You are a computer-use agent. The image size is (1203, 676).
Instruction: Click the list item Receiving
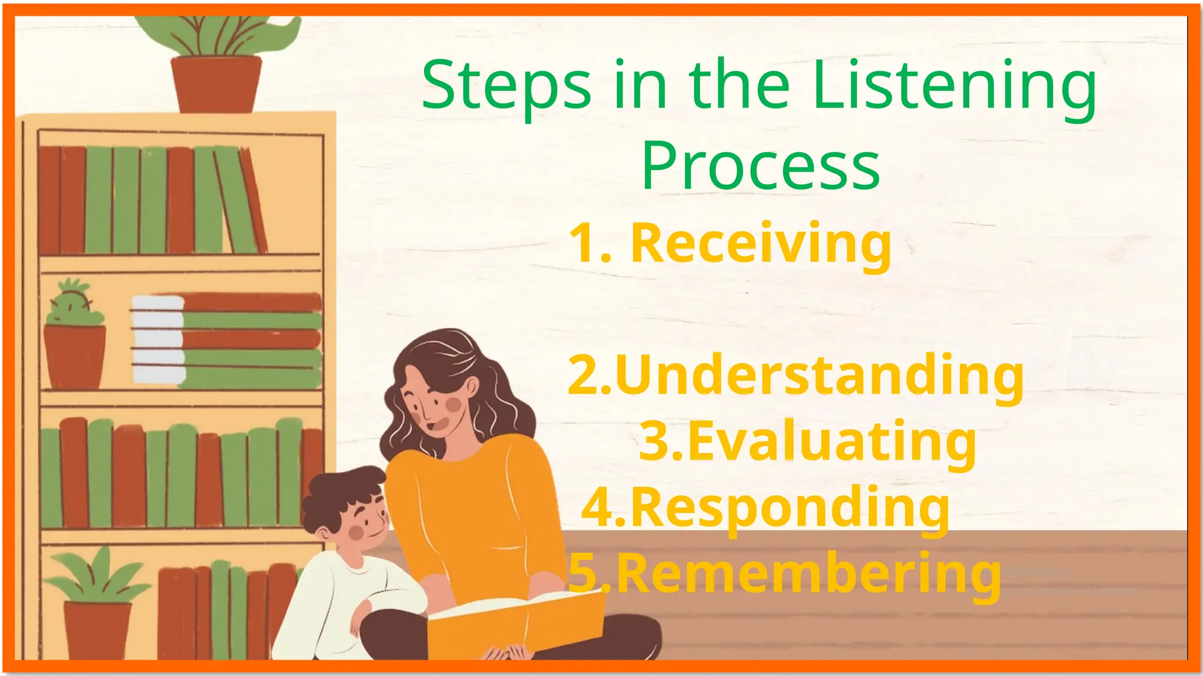pos(761,243)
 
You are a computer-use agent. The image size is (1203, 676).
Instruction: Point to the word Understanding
pos(819,376)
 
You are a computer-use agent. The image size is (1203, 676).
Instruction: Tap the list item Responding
pos(789,508)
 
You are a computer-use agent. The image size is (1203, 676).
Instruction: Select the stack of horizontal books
pos(226,340)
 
